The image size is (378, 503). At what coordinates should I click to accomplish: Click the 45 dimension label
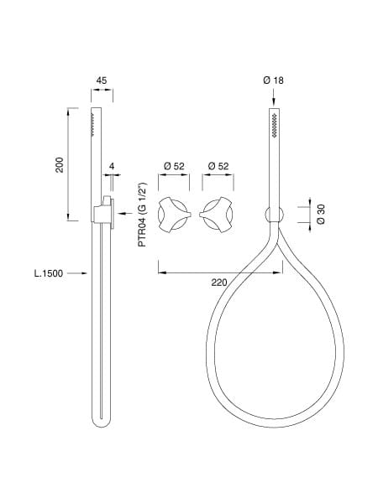point(102,80)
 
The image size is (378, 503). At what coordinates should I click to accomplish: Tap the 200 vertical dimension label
point(60,165)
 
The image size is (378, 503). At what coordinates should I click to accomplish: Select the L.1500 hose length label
point(49,273)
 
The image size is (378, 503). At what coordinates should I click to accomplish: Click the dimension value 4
point(112,166)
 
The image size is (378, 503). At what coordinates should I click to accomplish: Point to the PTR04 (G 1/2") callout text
point(142,215)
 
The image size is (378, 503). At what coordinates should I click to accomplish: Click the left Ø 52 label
point(174,166)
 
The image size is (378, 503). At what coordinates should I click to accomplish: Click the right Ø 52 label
point(218,166)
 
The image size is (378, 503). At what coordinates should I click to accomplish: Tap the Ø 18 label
point(274,80)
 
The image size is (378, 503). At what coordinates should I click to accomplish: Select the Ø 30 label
point(321,215)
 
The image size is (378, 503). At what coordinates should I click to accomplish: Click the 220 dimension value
point(219,283)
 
